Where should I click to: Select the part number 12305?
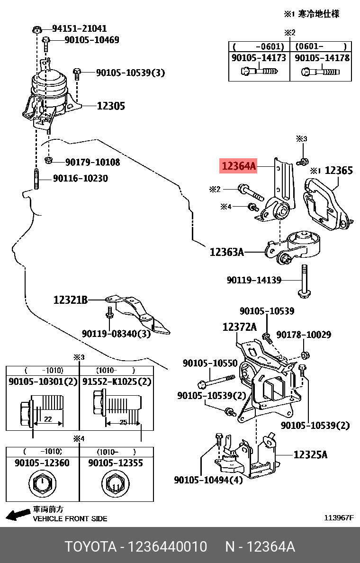coord(111,106)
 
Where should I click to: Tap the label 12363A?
coord(226,252)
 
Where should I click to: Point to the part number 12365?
coord(339,171)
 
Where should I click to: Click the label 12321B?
coord(70,300)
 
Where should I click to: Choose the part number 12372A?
coord(239,327)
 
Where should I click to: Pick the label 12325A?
coord(310,455)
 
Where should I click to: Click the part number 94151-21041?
coord(79,28)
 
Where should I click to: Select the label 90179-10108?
coord(92,163)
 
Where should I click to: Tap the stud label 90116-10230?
coord(80,179)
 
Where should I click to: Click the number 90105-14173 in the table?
coord(259,58)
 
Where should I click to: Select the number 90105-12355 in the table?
coord(116,463)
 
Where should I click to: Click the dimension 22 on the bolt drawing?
coord(47,419)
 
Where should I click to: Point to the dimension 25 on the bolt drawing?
coord(123,422)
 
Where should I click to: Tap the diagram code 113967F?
coord(338,518)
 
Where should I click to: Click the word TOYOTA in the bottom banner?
coord(90,547)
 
